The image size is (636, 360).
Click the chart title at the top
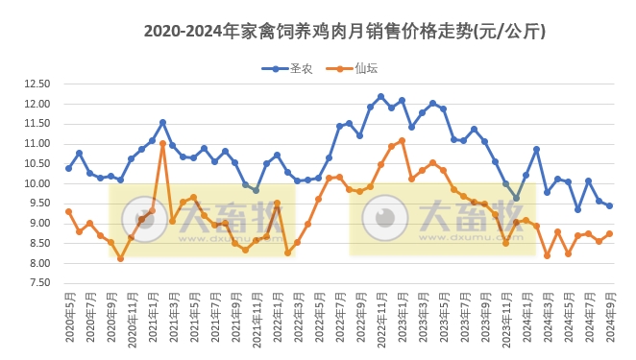point(345,31)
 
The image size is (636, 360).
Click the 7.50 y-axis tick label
point(37,283)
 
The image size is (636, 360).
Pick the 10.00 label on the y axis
point(36,183)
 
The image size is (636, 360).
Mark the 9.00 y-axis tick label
point(37,224)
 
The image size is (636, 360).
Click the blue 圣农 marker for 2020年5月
point(68,168)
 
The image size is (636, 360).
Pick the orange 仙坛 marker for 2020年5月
point(68,211)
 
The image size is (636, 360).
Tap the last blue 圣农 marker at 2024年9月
point(609,205)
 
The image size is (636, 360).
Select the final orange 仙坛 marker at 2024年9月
point(609,233)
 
